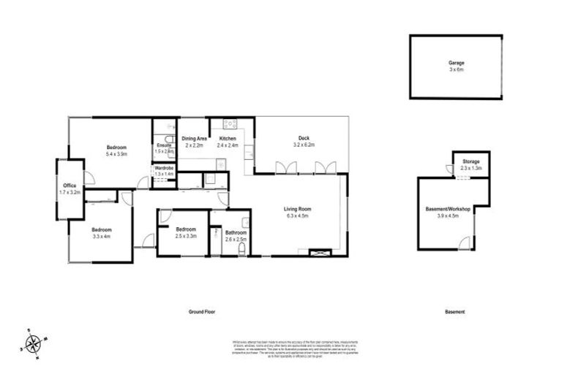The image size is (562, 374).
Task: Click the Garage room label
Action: (456, 64)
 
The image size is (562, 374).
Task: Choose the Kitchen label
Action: (228, 138)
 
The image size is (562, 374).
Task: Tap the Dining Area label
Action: (194, 138)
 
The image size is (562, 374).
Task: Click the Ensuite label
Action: (164, 145)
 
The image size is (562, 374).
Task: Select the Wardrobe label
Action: (164, 169)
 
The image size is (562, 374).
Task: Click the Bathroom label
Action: (235, 233)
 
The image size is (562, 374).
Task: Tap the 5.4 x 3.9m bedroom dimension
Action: (117, 154)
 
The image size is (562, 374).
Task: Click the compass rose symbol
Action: (33, 342)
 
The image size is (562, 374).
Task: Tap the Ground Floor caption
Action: (201, 312)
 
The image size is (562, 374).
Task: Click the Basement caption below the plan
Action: (454, 312)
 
